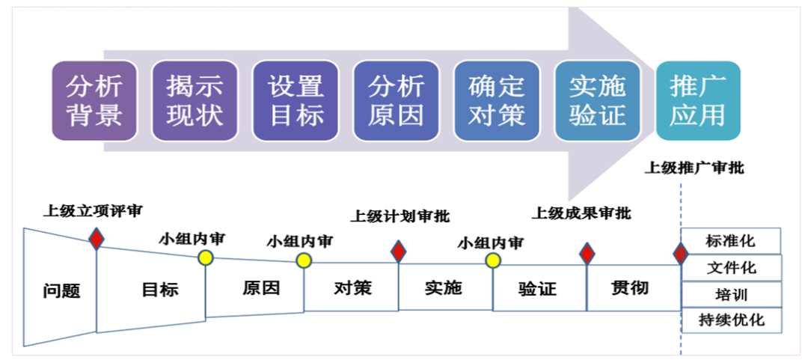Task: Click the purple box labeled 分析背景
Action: tap(94, 101)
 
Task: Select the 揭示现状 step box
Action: tap(195, 101)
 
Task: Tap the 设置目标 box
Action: tap(296, 101)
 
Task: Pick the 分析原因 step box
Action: tap(396, 101)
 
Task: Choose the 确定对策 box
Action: tap(496, 101)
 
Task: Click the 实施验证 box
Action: tap(597, 101)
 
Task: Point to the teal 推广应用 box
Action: tap(698, 101)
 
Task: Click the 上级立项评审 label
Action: tap(92, 210)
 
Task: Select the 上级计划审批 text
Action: tap(400, 216)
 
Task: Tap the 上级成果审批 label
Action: tap(581, 213)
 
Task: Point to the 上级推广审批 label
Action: tap(694, 168)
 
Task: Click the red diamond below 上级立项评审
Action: tap(96, 239)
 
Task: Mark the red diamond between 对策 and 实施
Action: tap(399, 251)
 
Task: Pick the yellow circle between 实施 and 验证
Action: tap(493, 260)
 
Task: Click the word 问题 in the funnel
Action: tap(61, 291)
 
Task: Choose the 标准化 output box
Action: tap(730, 241)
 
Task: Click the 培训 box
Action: tap(730, 294)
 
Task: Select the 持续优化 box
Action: tap(731, 320)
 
